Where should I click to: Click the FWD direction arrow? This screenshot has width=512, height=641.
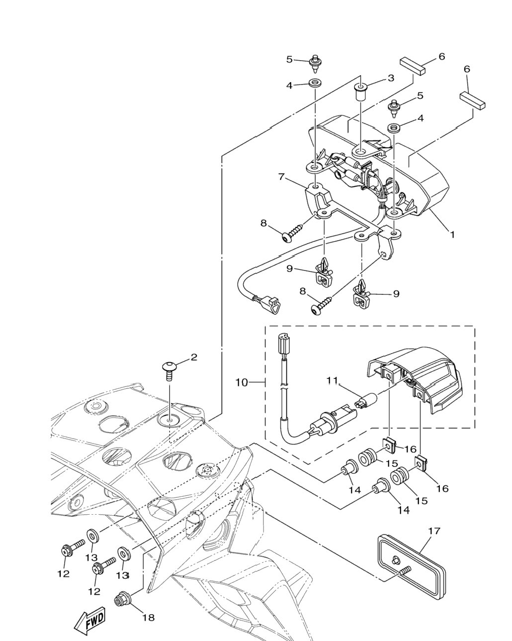[x=90, y=621]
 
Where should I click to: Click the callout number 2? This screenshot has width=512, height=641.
[x=194, y=357]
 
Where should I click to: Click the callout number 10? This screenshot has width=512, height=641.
[x=242, y=382]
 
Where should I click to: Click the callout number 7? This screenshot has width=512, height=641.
[x=282, y=177]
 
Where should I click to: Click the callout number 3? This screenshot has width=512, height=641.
[x=391, y=78]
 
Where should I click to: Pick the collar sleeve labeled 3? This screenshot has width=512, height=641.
[x=360, y=92]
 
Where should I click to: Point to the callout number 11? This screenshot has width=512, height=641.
[x=333, y=380]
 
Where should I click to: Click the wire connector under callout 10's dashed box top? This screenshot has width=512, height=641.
[x=284, y=341]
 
